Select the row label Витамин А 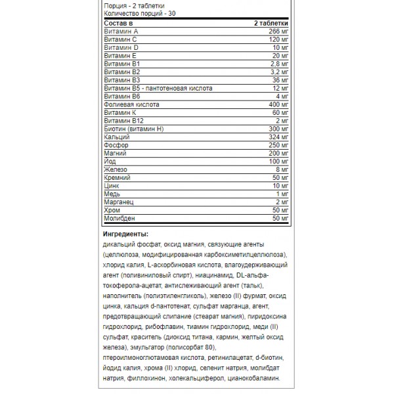point(121,32)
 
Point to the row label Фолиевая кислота point(132,104)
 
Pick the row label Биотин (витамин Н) point(133,129)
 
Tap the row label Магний point(115,153)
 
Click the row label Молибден point(120,217)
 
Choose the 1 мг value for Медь point(282,194)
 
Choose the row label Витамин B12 point(123,121)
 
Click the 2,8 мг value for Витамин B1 point(280,64)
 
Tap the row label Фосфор point(116,145)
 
